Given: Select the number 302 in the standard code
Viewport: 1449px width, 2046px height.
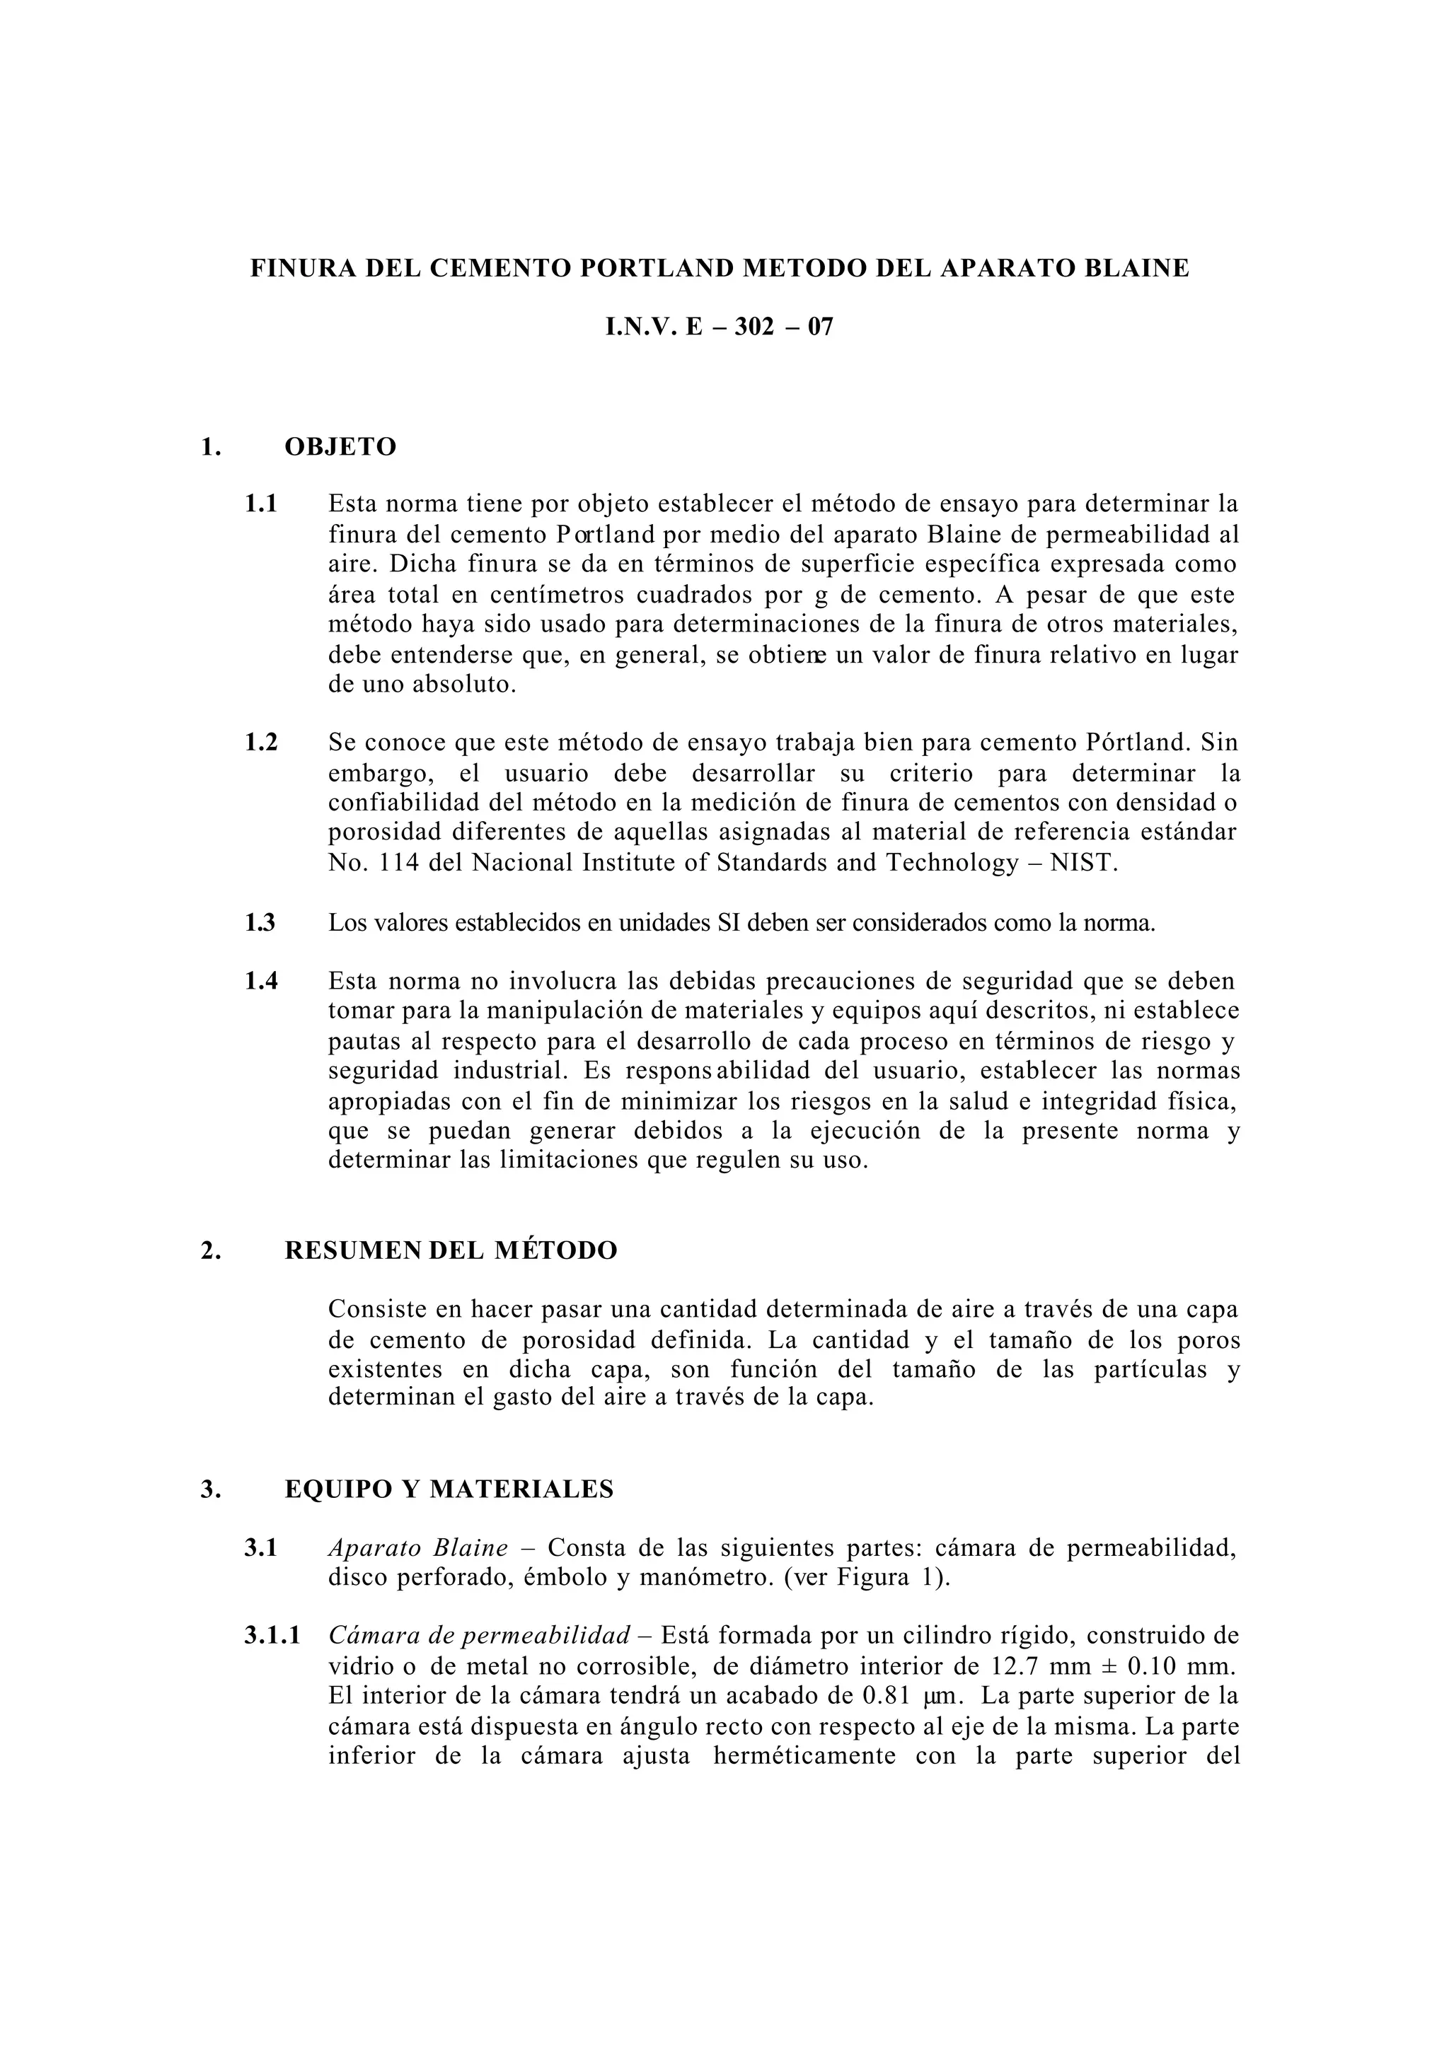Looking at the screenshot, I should (755, 327).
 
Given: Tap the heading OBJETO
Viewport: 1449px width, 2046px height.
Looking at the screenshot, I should (340, 447).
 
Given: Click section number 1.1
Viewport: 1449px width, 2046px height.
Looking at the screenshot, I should (261, 504).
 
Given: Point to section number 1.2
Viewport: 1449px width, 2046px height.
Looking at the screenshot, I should (261, 742).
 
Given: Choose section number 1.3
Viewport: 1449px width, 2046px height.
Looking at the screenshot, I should (260, 922).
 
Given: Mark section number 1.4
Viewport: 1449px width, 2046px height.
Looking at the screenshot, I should (261, 981).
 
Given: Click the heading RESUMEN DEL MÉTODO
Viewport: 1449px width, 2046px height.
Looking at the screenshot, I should (451, 1250).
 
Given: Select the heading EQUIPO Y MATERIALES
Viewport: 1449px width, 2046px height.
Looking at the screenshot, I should (449, 1489).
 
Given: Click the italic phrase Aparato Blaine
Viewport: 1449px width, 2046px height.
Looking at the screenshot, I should (417, 1547).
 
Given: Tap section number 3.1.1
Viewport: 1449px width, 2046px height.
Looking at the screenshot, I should (272, 1636).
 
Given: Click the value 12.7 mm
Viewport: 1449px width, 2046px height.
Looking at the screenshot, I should (1035, 1666).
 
